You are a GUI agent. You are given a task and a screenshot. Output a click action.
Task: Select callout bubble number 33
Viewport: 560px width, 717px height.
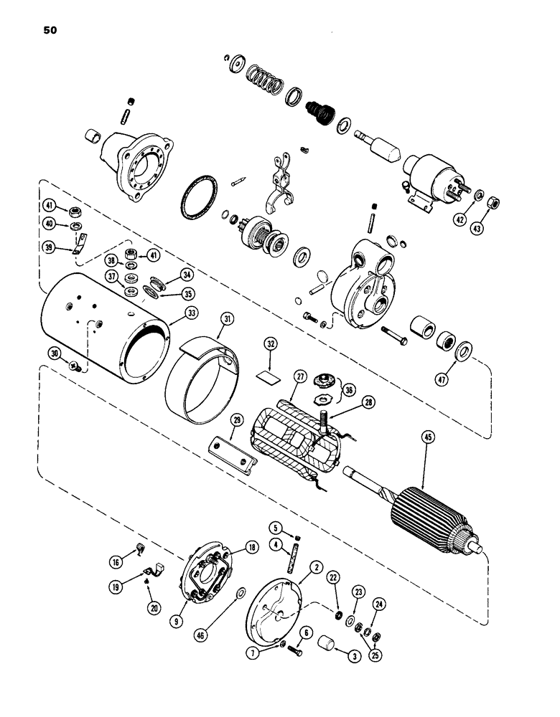click(x=172, y=313)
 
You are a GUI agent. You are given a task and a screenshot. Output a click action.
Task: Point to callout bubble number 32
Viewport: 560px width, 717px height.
click(x=270, y=343)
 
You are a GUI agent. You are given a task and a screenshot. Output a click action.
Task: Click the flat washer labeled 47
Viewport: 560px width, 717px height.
click(x=462, y=351)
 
